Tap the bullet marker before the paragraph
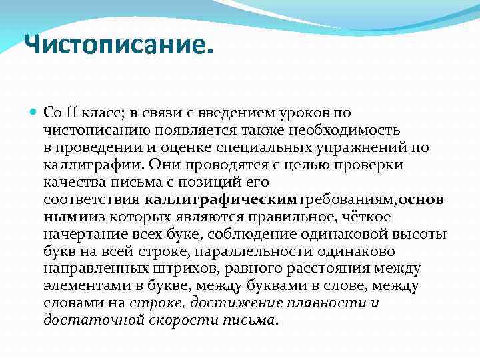(34, 111)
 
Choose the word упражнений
(359, 147)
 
